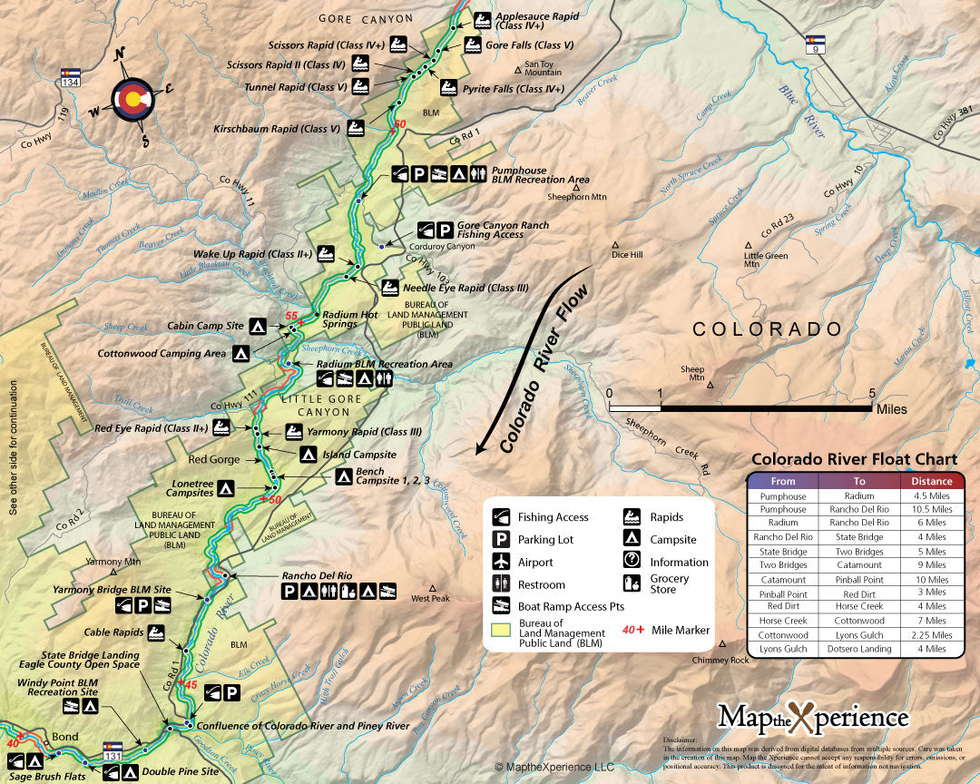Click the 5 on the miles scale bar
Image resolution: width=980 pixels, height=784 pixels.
[x=873, y=394]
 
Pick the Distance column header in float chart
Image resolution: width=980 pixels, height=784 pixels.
[x=933, y=481]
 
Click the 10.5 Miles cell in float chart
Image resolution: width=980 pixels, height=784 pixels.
[x=933, y=509]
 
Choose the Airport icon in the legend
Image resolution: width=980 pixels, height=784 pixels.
[x=501, y=563]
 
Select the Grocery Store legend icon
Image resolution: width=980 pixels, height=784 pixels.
[x=632, y=583]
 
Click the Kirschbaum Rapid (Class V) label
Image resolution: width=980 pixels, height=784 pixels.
[x=277, y=129]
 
